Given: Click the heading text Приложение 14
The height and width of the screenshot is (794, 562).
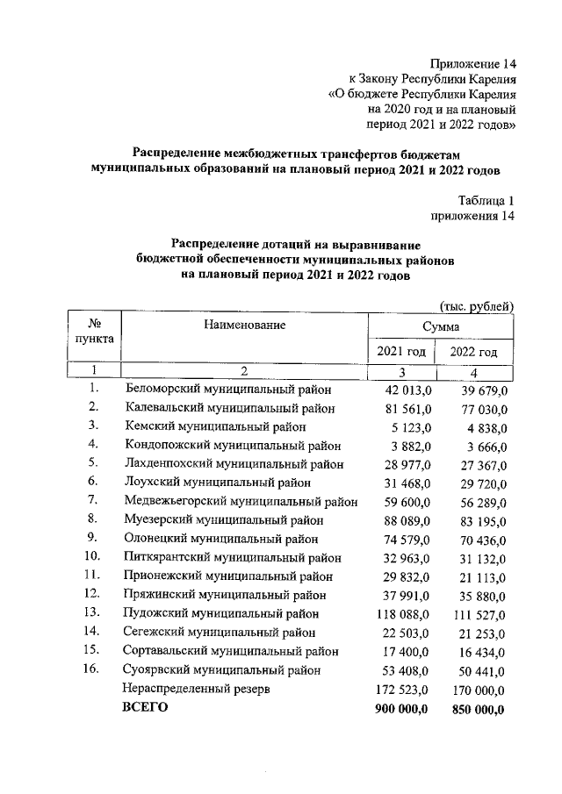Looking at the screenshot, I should click(x=472, y=63).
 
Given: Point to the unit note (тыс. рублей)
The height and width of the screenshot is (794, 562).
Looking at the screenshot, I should click(x=475, y=304).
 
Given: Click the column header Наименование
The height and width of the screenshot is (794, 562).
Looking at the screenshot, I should click(x=245, y=325).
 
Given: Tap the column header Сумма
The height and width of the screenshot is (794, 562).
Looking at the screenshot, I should click(x=440, y=326).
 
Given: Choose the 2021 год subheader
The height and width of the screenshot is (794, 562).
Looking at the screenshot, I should click(x=401, y=352).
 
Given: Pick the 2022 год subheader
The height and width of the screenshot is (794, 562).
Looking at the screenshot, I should click(x=473, y=353).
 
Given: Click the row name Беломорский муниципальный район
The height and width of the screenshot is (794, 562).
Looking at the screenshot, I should click(x=229, y=388).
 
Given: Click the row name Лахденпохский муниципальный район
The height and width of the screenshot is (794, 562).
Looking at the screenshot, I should click(x=234, y=463).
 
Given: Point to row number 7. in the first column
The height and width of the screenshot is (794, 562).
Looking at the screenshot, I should click(x=92, y=500).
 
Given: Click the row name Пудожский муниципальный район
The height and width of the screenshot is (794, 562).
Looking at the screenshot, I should click(x=221, y=613).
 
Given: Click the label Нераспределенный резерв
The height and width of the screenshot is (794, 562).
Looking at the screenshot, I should click(x=196, y=690).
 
